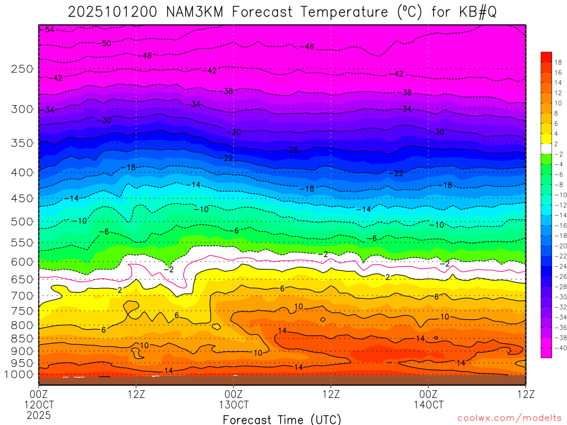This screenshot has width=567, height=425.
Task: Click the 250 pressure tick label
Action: (23, 69)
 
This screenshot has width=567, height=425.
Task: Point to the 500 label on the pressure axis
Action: (23, 222)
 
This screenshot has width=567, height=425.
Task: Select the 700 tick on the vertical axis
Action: (23, 296)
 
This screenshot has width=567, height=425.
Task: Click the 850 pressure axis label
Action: (23, 339)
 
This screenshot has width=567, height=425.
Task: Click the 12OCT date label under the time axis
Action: (39, 405)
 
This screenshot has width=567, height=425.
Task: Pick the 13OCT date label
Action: (234, 405)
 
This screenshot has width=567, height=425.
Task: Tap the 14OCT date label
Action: (428, 405)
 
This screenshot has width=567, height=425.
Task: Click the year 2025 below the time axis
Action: (39, 414)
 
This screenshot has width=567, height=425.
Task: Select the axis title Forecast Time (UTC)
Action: (282, 419)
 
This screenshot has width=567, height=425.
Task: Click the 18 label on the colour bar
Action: (558, 62)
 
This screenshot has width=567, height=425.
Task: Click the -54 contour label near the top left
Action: (49, 29)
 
